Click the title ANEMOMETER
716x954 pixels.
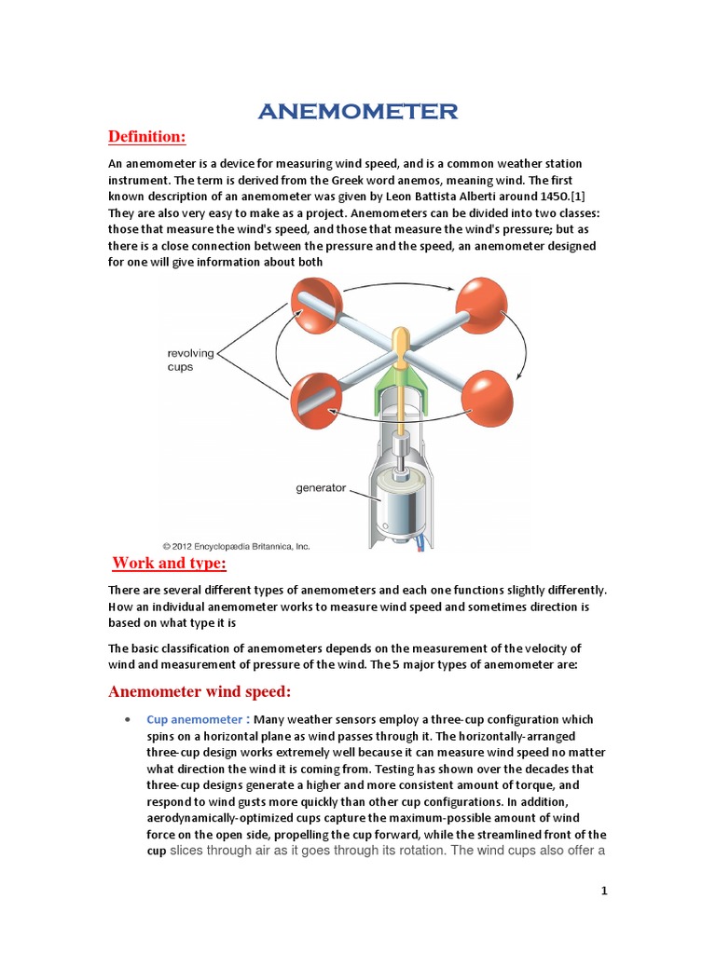(358, 112)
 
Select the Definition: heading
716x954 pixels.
(147, 138)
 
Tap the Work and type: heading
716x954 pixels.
(170, 564)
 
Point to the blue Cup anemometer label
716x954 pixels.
(196, 720)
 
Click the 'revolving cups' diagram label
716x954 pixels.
(190, 360)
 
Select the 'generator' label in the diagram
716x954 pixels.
(320, 487)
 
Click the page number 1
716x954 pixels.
(604, 892)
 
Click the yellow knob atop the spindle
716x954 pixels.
(400, 342)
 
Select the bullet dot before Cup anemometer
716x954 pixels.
(126, 721)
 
